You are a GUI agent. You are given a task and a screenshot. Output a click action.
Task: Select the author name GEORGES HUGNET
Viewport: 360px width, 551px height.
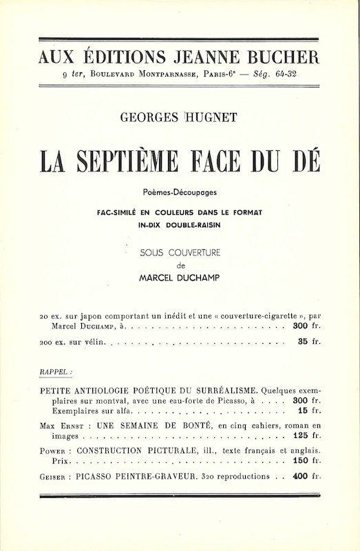(x=178, y=117)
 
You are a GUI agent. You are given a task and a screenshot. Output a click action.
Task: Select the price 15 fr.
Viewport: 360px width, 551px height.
(x=309, y=410)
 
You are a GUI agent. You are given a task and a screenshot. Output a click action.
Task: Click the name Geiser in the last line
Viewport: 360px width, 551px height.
(x=56, y=476)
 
